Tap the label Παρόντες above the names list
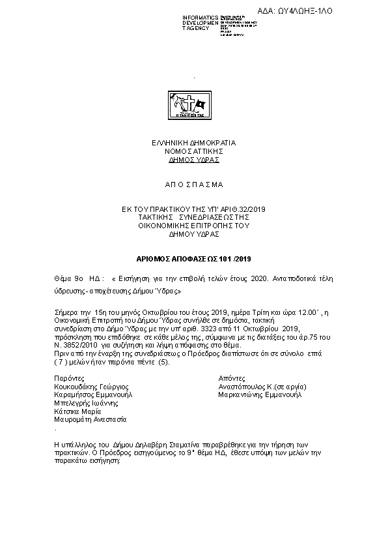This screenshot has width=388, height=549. click(x=68, y=378)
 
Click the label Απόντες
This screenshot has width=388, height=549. click(x=232, y=378)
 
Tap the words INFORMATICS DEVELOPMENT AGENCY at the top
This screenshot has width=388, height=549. click(x=201, y=23)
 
